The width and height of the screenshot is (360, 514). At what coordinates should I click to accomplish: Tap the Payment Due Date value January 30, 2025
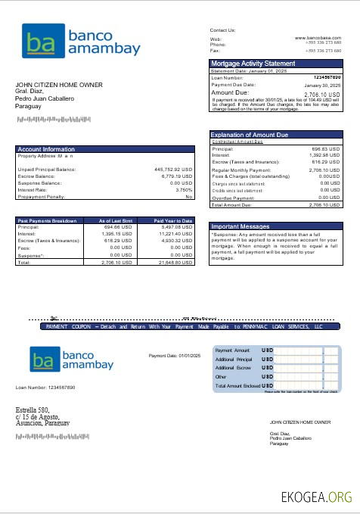coord(323,86)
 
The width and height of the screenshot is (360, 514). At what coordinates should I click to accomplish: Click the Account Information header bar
coord(46,149)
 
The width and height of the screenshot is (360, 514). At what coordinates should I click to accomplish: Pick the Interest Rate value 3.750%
coord(184,189)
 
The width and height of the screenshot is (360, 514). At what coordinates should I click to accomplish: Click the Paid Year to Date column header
coord(173,220)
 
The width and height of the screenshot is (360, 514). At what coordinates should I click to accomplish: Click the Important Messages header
coord(240,226)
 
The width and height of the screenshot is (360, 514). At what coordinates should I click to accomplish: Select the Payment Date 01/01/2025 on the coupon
coord(174,355)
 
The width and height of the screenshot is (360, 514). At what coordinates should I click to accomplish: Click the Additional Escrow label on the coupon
coord(231,368)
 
